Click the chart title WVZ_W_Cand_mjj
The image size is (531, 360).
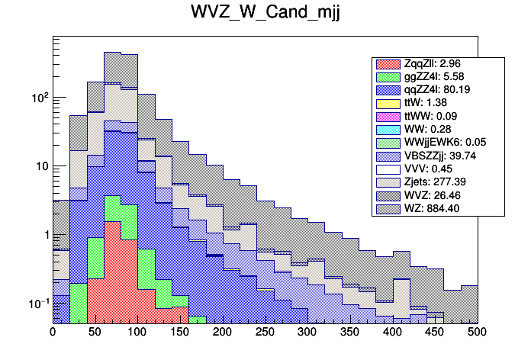pyautogui.click(x=265, y=14)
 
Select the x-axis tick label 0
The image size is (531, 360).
pyautogui.click(x=53, y=333)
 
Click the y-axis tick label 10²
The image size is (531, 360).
pyautogui.click(x=38, y=98)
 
